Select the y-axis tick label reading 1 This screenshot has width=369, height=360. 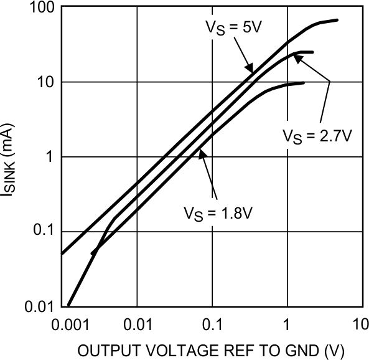50,157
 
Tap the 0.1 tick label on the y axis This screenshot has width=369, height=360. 44,232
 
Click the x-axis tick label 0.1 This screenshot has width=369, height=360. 212,325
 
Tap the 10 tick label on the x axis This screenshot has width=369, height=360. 359,325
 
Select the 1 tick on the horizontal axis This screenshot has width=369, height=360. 287,325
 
